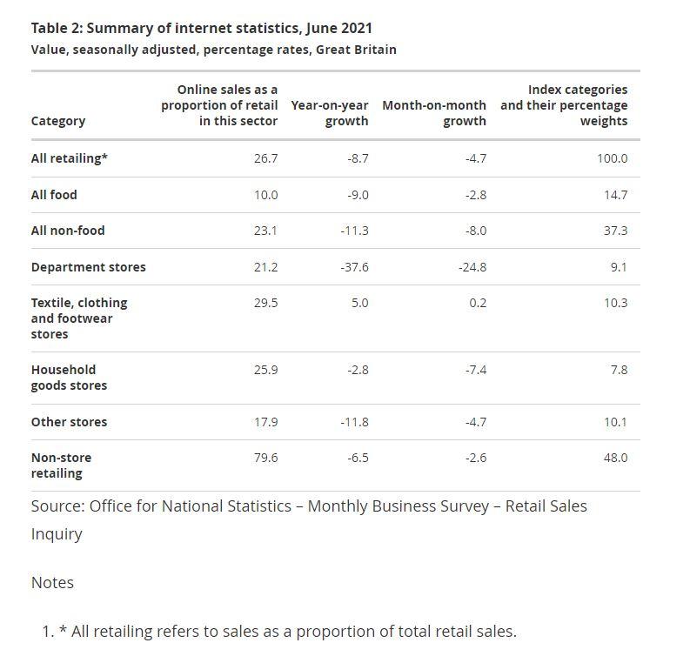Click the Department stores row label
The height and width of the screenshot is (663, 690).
[88, 267]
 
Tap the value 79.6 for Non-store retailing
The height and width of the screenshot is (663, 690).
[265, 458]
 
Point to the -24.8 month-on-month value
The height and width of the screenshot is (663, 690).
[472, 267]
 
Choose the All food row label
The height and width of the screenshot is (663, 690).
[54, 195]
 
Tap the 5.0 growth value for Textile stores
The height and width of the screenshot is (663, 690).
[359, 303]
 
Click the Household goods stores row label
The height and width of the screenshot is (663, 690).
[69, 378]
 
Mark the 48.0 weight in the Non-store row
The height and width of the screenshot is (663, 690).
[615, 458]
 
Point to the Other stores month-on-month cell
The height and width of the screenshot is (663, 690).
[475, 422]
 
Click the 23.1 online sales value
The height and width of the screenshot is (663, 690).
[265, 231]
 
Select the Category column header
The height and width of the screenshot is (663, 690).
[57, 121]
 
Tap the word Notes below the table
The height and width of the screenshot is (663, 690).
[52, 583]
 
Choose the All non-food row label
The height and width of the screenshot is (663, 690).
[68, 231]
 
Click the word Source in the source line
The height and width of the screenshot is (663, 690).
[57, 506]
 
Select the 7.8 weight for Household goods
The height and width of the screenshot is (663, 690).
[618, 370]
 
